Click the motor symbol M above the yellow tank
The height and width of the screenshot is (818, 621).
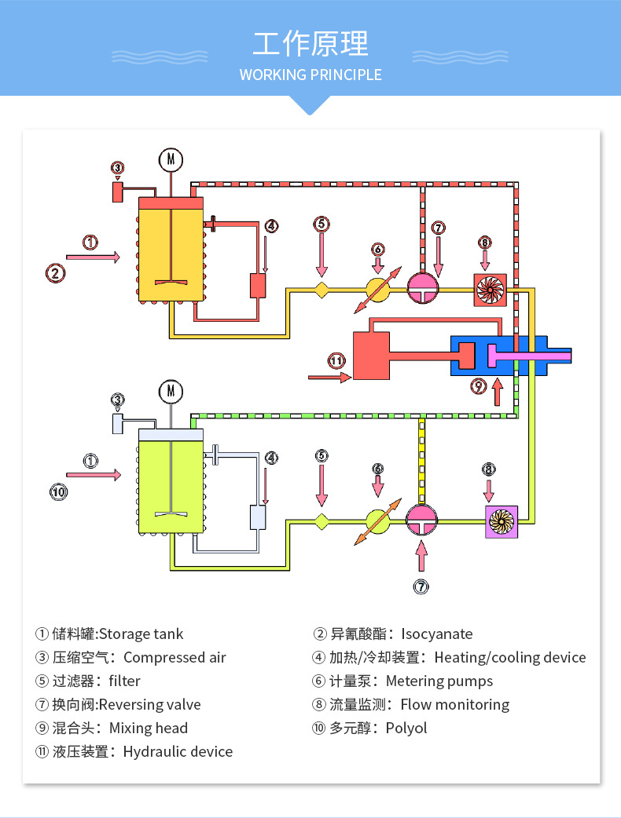(171, 159)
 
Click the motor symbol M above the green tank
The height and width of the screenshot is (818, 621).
(171, 390)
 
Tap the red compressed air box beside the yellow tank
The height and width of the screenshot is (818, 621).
(117, 192)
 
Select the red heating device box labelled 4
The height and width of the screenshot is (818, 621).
(258, 286)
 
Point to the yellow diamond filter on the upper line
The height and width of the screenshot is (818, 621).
(322, 290)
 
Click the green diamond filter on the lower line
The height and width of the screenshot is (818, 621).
(322, 519)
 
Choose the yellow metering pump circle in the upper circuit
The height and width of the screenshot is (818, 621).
(377, 290)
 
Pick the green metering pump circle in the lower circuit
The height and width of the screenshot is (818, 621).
(377, 520)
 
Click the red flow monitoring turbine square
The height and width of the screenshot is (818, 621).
(489, 290)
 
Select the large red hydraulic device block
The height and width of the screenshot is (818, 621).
(371, 356)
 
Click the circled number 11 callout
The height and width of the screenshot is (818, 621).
(337, 361)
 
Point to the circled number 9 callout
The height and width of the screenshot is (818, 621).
(479, 386)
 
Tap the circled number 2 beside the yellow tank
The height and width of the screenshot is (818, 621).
(54, 273)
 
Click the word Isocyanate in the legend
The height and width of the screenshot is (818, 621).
(437, 634)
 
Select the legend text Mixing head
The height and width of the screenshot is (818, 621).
(149, 729)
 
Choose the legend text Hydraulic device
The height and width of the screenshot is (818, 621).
(178, 752)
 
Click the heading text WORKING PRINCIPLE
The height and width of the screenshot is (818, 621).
(310, 75)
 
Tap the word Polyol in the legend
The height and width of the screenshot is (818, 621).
(406, 729)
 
